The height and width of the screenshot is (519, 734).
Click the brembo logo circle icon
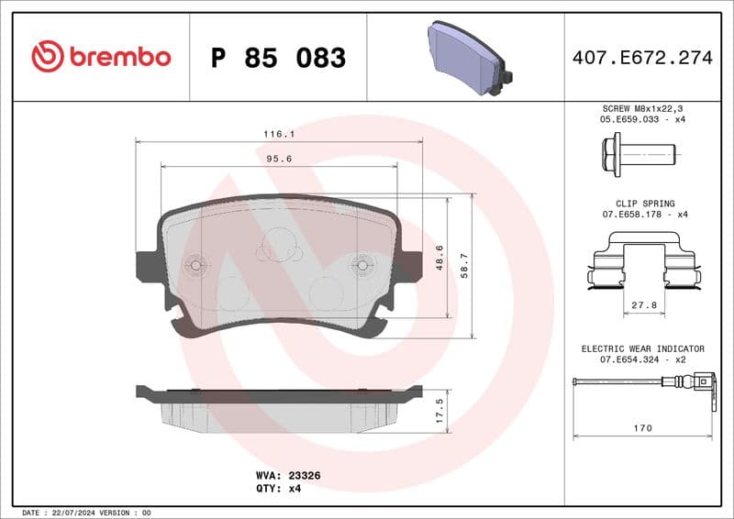(x=47, y=57)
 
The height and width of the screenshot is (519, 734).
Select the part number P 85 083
(x=278, y=58)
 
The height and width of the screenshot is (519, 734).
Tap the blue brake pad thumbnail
(x=468, y=58)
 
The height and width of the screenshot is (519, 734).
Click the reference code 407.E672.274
(x=642, y=58)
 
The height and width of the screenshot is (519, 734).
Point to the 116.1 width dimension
(x=279, y=133)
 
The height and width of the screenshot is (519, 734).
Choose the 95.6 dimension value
(x=279, y=159)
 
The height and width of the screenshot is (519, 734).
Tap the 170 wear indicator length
(x=643, y=428)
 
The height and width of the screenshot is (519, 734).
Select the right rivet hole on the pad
(x=361, y=266)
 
